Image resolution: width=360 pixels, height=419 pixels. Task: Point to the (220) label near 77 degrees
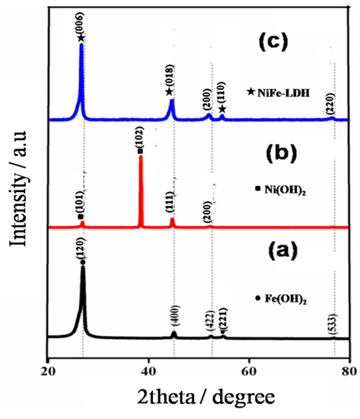pos(330,107)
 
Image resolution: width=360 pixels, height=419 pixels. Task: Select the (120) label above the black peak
pos(82,248)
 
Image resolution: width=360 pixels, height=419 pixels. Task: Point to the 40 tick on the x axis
pos(148,372)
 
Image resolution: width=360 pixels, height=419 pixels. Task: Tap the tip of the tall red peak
pos(140,156)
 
